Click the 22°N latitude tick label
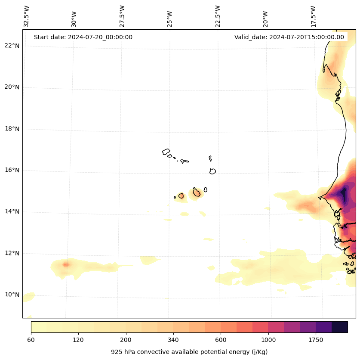click(12, 46)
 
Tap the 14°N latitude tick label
click(12, 211)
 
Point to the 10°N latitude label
click(12, 295)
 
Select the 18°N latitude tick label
click(12, 129)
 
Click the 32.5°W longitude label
click(27, 16)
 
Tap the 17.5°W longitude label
click(314, 16)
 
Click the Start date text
click(83, 37)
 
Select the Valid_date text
click(289, 37)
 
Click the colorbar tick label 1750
click(316, 340)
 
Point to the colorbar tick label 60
click(31, 340)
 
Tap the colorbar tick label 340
click(173, 340)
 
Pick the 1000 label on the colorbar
click(268, 340)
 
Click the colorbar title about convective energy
click(189, 352)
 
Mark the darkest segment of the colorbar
click(340, 327)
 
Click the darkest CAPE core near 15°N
click(343, 195)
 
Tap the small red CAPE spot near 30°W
click(65, 264)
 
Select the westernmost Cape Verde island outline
click(166, 152)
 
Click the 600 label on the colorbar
click(221, 340)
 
